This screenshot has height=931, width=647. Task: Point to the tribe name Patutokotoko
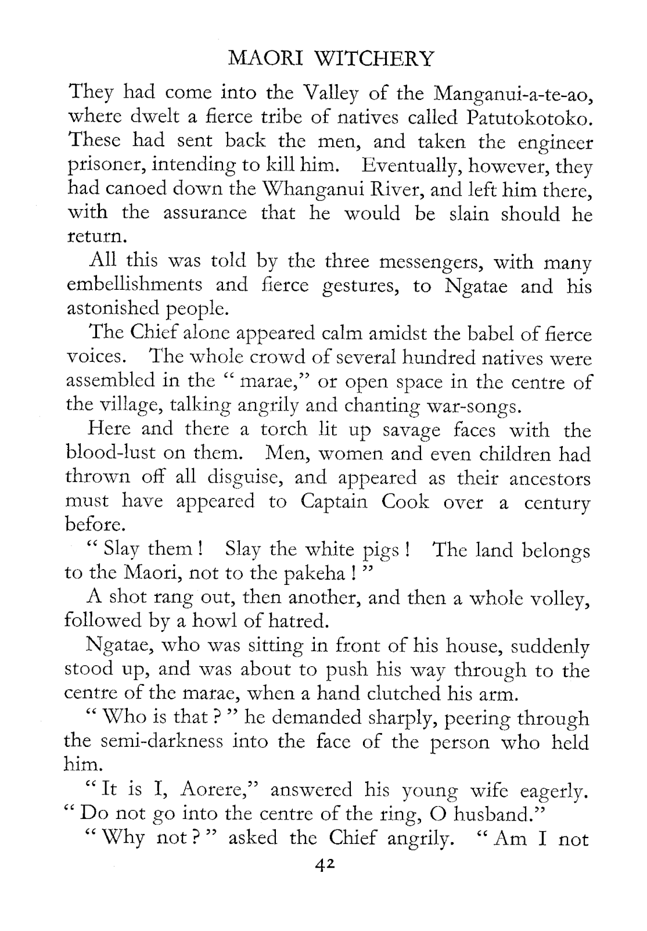point(529,118)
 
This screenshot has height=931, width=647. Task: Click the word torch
point(283,429)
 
